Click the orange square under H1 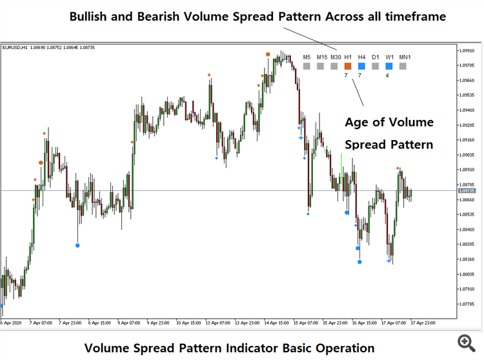(347, 66)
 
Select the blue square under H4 (361, 66)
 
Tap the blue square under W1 (388, 66)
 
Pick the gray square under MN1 (403, 66)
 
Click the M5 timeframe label (307, 57)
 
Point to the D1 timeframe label (375, 57)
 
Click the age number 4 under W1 (387, 75)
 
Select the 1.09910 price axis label (467, 50)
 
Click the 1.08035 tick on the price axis (467, 274)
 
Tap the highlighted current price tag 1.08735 (466, 191)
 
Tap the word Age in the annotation (357, 123)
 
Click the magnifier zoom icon (466, 341)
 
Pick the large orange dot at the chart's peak (267, 55)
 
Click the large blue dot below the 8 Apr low (77, 245)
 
